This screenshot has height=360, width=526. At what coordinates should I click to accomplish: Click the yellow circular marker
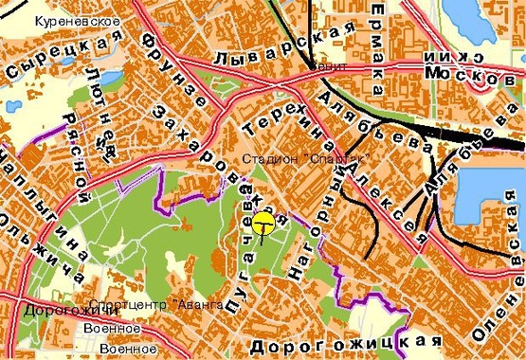(263, 224)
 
